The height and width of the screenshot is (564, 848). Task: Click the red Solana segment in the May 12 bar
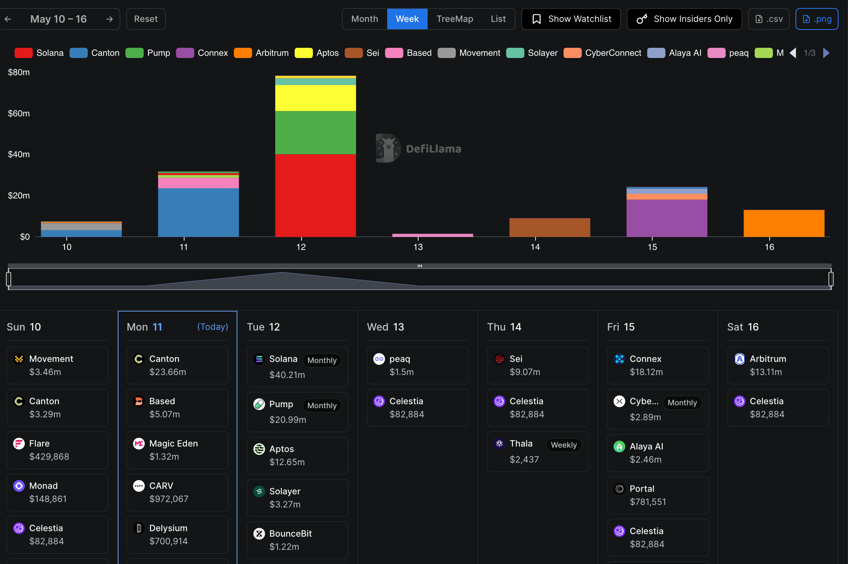click(315, 196)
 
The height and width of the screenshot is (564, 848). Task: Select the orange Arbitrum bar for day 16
click(784, 223)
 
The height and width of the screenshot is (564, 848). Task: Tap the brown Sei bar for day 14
click(549, 227)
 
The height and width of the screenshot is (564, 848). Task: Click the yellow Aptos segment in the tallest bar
click(315, 98)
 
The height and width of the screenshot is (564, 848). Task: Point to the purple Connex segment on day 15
click(667, 218)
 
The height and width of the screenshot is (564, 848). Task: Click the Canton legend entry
click(94, 53)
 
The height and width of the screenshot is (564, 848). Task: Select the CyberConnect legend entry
click(602, 53)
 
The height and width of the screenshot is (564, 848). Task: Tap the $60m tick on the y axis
click(19, 113)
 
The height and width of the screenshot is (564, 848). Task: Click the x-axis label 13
click(418, 247)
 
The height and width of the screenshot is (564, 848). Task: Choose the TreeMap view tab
click(455, 19)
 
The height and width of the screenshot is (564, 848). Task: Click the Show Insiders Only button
click(684, 19)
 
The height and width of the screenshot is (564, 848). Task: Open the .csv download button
click(769, 19)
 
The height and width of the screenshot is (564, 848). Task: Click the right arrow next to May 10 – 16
click(109, 19)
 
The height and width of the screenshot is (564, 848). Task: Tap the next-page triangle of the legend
click(826, 53)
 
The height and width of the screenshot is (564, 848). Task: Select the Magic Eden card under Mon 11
click(178, 450)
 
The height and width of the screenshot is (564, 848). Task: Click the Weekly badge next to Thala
click(564, 445)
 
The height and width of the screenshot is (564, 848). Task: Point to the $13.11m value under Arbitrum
click(766, 372)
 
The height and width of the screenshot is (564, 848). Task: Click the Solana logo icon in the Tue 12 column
click(259, 359)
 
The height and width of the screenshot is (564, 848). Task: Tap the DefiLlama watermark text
click(433, 149)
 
